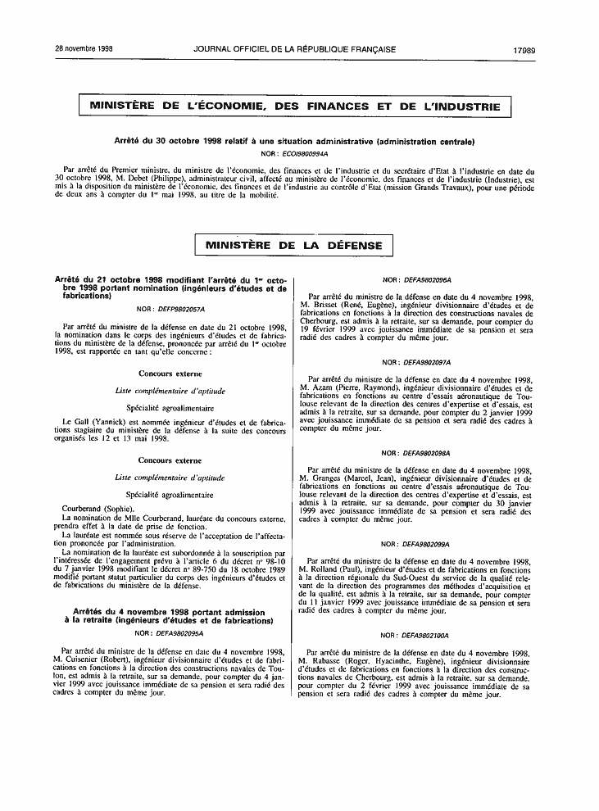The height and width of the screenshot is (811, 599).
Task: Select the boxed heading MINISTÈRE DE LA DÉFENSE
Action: click(294, 245)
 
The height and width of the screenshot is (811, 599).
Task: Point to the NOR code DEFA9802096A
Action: click(427, 280)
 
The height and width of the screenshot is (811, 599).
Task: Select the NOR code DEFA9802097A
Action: click(427, 362)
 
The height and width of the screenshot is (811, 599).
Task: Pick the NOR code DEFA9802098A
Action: click(427, 453)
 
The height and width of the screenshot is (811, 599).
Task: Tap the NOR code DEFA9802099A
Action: click(427, 544)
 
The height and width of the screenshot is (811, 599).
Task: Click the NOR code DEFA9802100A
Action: click(427, 635)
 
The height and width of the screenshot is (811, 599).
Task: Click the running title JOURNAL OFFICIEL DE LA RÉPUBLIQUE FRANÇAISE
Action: click(295, 49)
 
